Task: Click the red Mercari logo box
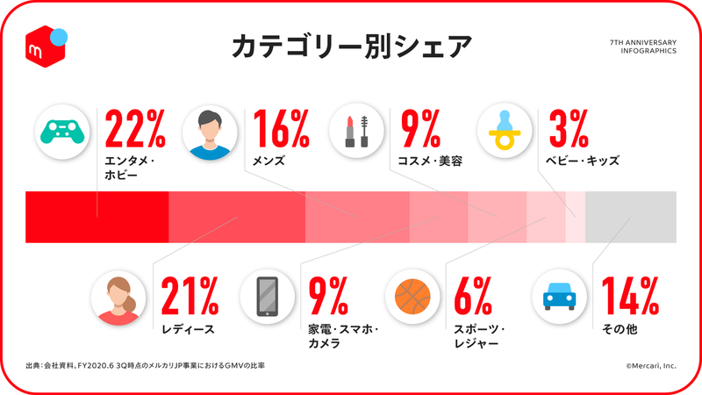45,44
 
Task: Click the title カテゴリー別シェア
351,46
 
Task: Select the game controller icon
61,131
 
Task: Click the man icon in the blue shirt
209,131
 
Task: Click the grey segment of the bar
630,216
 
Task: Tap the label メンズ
271,161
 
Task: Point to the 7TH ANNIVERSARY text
641,41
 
